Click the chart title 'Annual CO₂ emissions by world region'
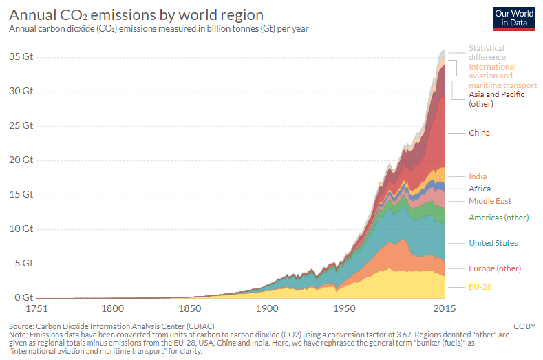(136, 14)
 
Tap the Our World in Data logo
(514, 19)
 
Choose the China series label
(479, 132)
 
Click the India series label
(478, 176)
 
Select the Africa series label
(480, 189)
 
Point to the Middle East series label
(490, 201)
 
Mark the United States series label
(493, 243)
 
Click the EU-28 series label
(480, 286)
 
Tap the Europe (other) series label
(495, 268)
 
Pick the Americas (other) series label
(498, 218)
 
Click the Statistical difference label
(487, 52)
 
